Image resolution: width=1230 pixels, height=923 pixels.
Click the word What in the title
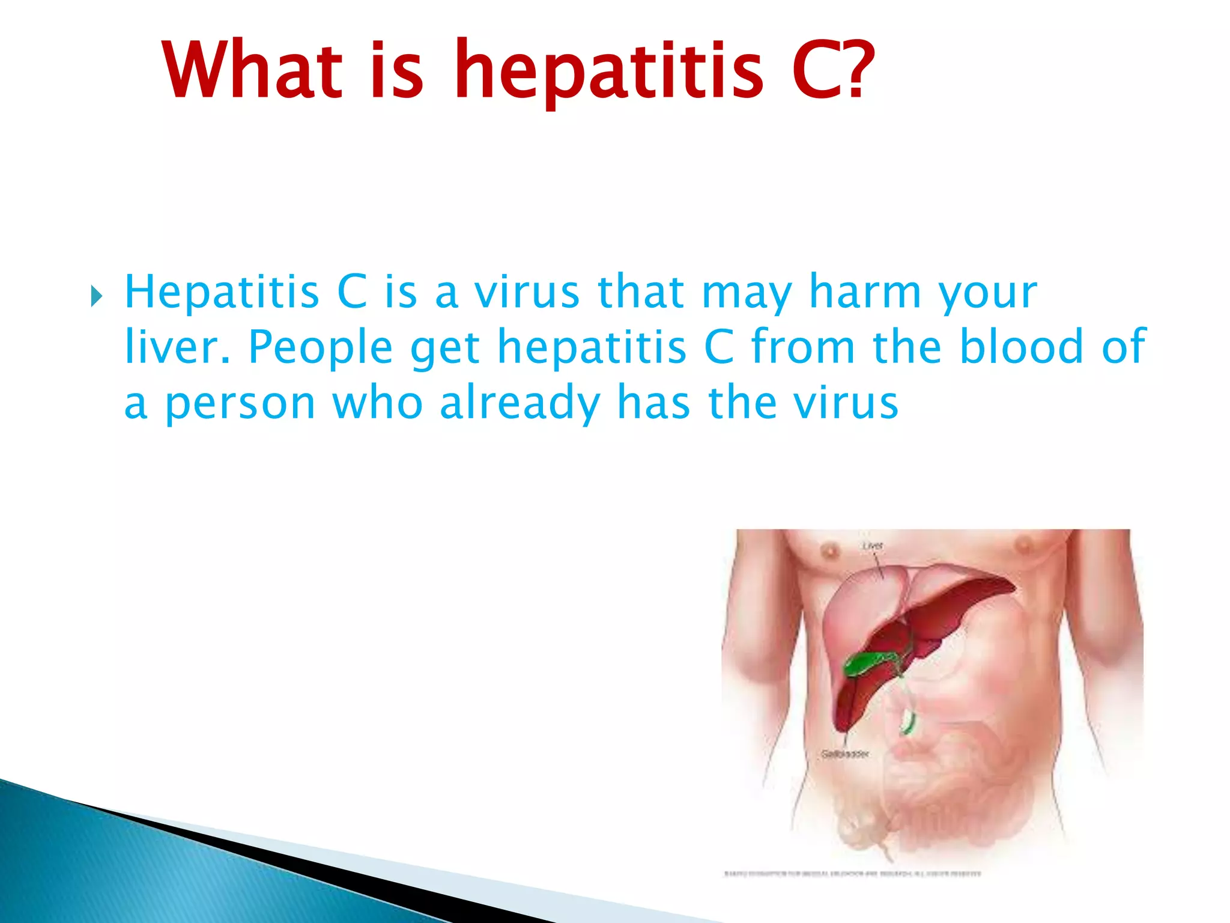(x=252, y=70)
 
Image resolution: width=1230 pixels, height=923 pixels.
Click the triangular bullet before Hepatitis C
(x=96, y=296)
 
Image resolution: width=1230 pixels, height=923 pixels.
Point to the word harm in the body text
(x=865, y=292)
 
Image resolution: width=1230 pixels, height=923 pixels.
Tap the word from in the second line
(x=803, y=347)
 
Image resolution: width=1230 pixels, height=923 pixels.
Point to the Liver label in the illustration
(x=872, y=546)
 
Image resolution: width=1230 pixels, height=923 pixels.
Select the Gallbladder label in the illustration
(x=845, y=754)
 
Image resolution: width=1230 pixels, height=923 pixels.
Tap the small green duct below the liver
(x=907, y=722)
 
